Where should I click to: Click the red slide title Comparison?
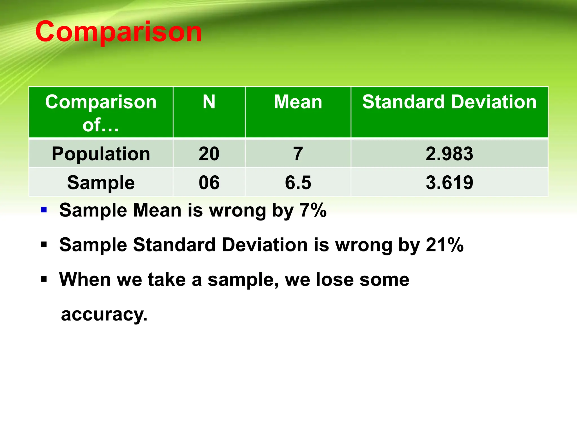[118, 32]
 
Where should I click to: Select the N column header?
[209, 102]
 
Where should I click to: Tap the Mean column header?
[298, 102]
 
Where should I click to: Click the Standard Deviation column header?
[449, 102]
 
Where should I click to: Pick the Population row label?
[101, 154]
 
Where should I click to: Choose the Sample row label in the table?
[101, 183]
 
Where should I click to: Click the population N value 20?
[209, 154]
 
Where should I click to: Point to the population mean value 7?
[298, 154]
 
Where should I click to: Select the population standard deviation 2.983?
[449, 154]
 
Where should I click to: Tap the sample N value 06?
[209, 183]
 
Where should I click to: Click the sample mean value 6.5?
[298, 183]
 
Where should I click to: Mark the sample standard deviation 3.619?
[449, 183]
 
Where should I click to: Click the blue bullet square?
[44, 210]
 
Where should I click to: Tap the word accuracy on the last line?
[104, 314]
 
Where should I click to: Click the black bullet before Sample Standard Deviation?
[44, 244]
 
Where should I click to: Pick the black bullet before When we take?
[44, 279]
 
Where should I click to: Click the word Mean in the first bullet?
[157, 210]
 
